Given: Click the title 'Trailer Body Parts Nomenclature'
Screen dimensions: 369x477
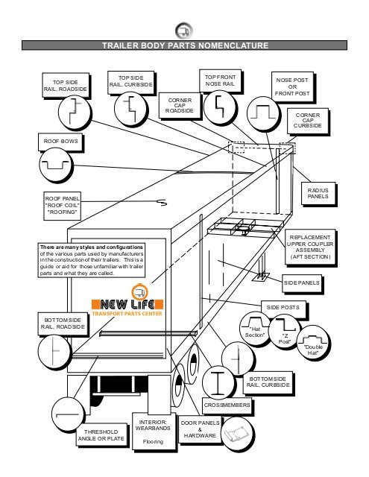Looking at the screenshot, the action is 185,45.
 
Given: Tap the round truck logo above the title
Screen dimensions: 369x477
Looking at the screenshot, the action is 183,31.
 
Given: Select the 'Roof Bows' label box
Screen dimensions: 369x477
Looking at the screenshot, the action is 60,142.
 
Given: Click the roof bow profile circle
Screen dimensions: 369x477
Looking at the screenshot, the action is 56,165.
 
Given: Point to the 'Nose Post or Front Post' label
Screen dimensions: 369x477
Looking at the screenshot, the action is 292,87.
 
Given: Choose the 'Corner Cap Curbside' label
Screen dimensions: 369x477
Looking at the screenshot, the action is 308,121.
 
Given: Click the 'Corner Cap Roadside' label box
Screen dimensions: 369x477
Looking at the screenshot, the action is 180,106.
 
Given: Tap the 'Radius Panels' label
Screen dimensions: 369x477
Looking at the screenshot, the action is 318,194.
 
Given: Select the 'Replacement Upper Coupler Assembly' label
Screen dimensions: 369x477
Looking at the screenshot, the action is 310,247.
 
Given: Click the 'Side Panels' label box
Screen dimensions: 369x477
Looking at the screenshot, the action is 301,283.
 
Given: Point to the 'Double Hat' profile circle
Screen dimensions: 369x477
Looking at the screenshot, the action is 313,342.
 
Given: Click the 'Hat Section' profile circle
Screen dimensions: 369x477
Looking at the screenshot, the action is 255,328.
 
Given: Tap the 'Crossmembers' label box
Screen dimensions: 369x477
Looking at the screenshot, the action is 227,405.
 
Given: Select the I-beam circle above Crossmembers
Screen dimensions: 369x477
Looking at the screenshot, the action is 218,382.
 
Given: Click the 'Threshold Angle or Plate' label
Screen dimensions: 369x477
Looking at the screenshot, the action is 101,435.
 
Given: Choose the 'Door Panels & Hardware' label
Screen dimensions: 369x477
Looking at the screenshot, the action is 200,429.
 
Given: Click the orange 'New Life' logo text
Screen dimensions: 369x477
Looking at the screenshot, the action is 127,304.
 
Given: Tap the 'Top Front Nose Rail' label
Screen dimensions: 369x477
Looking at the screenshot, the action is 220,80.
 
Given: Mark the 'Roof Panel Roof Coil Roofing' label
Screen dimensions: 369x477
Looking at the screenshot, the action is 62,206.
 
